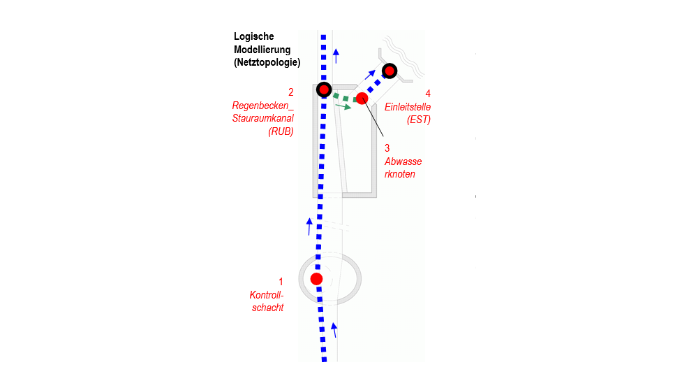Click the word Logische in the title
(x=254, y=36)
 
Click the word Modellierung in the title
(x=262, y=49)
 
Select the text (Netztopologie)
(x=267, y=62)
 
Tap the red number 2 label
(x=291, y=92)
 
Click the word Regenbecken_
(x=262, y=106)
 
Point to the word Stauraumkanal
(x=262, y=118)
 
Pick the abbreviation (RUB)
(x=281, y=131)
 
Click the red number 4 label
(x=428, y=94)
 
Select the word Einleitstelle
(x=408, y=107)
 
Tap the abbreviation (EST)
(x=419, y=120)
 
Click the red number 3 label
(x=387, y=148)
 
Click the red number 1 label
(x=281, y=282)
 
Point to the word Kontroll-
(x=267, y=295)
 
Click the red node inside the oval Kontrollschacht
(x=317, y=279)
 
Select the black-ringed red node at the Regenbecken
(x=324, y=89)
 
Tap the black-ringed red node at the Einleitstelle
(x=390, y=71)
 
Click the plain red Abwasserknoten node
(x=362, y=99)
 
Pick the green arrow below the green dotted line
(x=343, y=106)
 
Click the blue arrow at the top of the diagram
(x=336, y=56)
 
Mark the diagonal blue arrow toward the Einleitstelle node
(x=370, y=75)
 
